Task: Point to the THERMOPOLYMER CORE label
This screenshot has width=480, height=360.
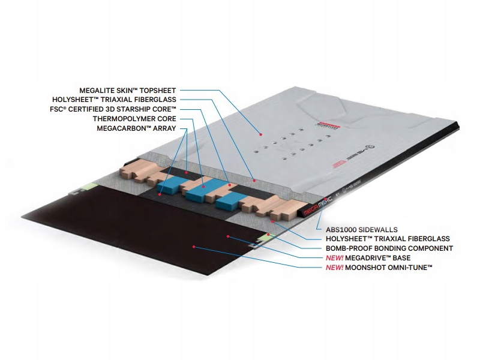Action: coord(135,119)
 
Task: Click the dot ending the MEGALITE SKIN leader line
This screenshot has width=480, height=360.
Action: coord(260,132)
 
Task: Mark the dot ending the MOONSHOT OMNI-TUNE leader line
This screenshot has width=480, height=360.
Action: coord(193,246)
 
